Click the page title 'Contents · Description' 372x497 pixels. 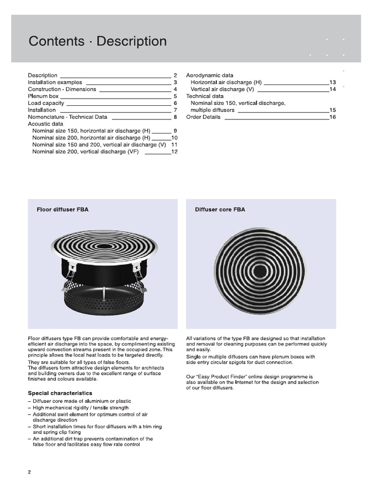97,42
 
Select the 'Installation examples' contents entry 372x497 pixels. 55,83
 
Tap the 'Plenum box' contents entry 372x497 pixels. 43,97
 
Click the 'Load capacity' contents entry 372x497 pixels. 46,103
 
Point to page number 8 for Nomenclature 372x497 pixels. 175,117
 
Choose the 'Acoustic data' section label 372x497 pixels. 46,124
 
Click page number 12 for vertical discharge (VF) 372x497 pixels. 174,152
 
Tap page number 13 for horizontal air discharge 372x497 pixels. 332,83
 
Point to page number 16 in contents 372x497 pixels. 332,117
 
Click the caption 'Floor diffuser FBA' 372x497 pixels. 62,210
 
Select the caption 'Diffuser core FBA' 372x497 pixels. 220,210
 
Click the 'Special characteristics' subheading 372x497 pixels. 60,393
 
